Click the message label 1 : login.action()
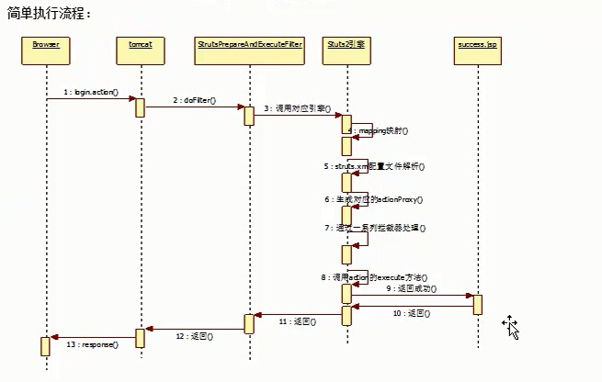tap(92, 93)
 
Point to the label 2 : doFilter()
tap(193, 100)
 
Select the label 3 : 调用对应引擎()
tap(297, 108)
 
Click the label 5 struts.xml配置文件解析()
tap(374, 166)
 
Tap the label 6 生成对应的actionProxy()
tap(372, 198)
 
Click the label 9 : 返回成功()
tap(412, 288)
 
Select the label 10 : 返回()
tap(410, 313)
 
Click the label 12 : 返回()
tap(194, 336)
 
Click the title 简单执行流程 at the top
tap(50, 15)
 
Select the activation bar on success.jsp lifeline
tap(478, 304)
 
